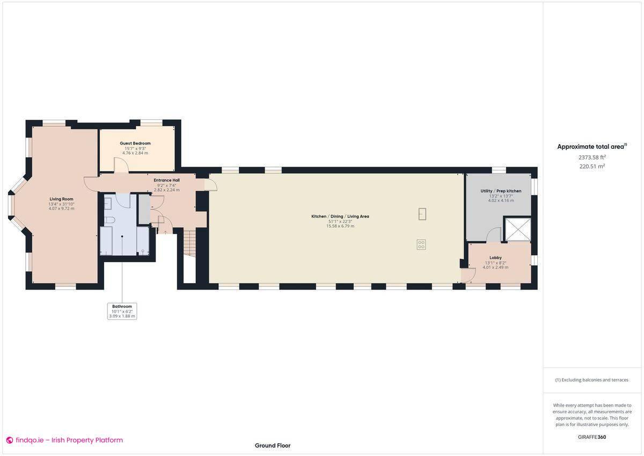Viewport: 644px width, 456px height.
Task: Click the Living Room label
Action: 61,199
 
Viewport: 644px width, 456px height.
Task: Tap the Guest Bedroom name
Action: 135,143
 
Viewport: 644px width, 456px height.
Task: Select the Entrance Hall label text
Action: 166,180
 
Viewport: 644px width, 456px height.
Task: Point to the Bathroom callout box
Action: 122,311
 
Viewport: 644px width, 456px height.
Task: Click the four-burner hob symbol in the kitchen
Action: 421,244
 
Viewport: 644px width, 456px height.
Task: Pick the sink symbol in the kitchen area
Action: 422,214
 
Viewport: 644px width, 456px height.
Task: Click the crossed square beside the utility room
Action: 517,229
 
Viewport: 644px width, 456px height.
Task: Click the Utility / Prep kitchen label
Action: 501,191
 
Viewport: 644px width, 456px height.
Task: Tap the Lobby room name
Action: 495,258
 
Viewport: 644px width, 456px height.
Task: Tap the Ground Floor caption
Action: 273,445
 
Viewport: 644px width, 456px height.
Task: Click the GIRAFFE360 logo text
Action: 591,437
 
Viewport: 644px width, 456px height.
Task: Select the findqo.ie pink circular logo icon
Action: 10,440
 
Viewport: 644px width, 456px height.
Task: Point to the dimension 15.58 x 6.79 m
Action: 340,226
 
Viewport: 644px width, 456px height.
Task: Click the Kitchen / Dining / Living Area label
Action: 340,216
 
